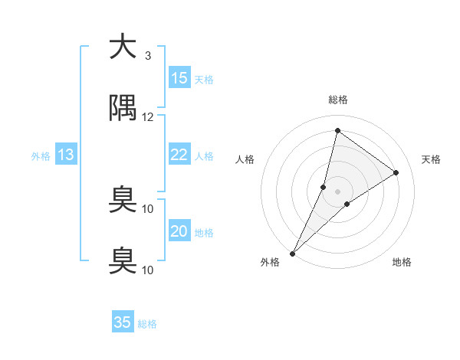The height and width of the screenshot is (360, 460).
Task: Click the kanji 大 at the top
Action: click(x=123, y=47)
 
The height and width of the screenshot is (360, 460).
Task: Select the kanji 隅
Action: click(x=123, y=110)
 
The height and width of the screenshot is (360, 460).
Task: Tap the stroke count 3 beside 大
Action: click(x=148, y=55)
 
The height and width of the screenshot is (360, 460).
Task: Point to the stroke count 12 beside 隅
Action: click(x=148, y=116)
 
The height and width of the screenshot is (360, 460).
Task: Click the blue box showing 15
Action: click(x=179, y=78)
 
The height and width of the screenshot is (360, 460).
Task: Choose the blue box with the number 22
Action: click(x=179, y=155)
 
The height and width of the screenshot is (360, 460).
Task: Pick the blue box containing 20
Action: click(x=179, y=231)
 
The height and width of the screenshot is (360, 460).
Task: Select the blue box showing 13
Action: click(x=66, y=155)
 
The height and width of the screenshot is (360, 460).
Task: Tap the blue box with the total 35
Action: click(x=123, y=322)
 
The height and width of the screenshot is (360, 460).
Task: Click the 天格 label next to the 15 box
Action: click(x=204, y=80)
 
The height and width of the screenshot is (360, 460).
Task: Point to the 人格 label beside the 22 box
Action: click(x=204, y=156)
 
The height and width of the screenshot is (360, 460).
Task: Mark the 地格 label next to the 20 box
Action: click(x=204, y=233)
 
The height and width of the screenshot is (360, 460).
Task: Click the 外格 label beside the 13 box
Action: click(x=41, y=156)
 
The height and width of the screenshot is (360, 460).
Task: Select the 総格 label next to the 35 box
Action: click(x=147, y=324)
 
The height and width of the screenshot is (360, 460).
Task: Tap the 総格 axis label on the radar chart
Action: click(x=338, y=100)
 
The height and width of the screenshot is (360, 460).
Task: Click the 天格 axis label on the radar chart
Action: click(x=432, y=159)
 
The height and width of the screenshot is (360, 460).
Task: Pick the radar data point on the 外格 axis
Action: click(x=293, y=253)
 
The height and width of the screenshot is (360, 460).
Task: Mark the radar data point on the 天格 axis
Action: click(x=396, y=172)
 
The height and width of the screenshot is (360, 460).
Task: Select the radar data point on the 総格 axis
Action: click(x=337, y=130)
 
